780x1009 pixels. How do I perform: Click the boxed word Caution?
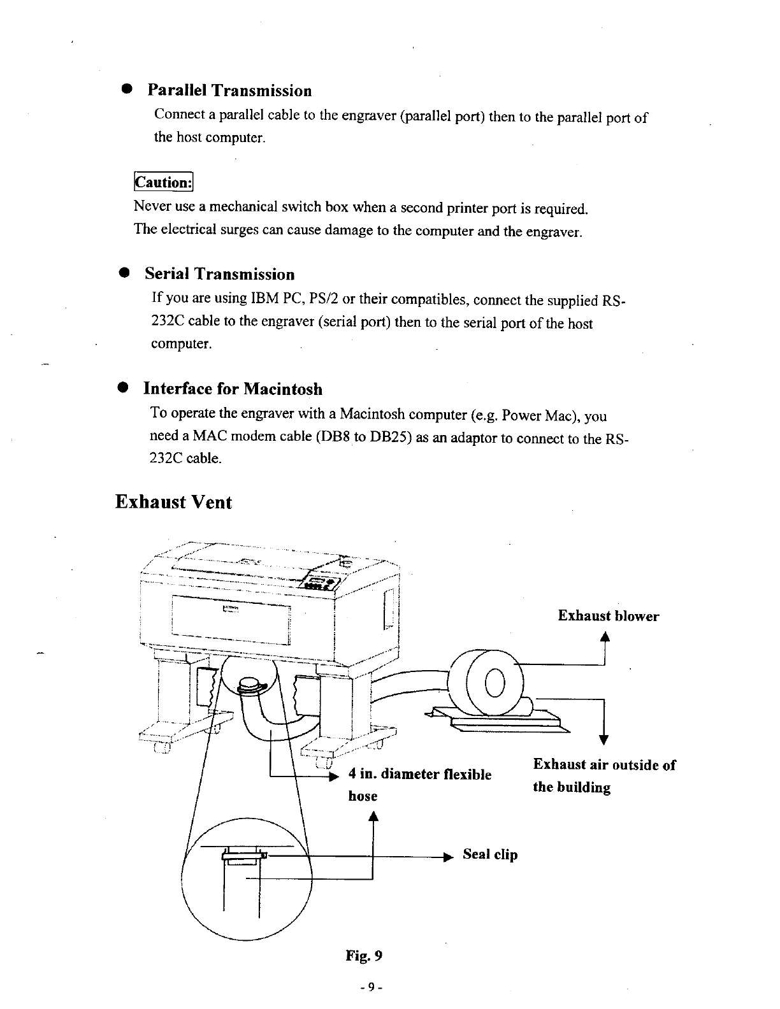[163, 182]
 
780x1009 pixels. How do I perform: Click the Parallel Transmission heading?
[229, 90]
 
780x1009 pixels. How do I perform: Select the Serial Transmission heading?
[219, 275]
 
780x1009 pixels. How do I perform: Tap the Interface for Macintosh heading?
[233, 389]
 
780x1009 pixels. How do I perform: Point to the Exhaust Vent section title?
[173, 502]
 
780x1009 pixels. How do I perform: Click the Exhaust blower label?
[608, 616]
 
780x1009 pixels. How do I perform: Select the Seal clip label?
[489, 855]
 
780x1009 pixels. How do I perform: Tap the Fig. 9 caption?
[364, 955]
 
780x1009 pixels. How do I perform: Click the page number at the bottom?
[370, 987]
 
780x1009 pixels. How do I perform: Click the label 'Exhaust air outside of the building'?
[603, 775]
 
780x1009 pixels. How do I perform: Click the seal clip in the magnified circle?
[243, 856]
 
